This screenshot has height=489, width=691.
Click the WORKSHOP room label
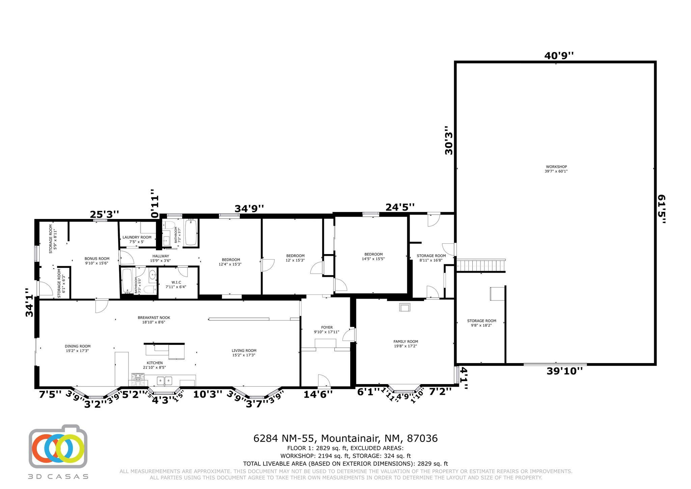click(x=556, y=169)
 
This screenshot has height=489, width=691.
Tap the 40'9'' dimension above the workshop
click(x=559, y=56)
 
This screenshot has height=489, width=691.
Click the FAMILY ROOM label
click(x=406, y=344)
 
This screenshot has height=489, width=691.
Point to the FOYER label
click(x=327, y=329)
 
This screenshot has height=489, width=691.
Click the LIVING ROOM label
click(x=244, y=353)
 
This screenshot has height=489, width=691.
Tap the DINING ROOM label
click(x=78, y=348)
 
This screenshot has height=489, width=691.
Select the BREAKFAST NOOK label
click(x=154, y=320)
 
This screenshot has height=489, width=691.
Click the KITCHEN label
click(x=155, y=365)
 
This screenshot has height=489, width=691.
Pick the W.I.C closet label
click(x=175, y=284)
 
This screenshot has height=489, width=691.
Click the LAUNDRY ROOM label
click(x=137, y=239)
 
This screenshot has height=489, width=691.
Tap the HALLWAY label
click(x=160, y=258)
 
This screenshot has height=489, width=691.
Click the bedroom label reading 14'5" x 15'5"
click(x=374, y=256)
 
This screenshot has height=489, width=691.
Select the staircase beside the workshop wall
click(x=481, y=265)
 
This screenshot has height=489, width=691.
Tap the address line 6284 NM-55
click(x=345, y=438)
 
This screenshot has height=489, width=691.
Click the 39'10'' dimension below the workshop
click(x=564, y=371)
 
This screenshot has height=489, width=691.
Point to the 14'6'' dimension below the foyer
click(x=318, y=394)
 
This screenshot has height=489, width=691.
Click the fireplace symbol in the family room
click(x=405, y=307)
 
